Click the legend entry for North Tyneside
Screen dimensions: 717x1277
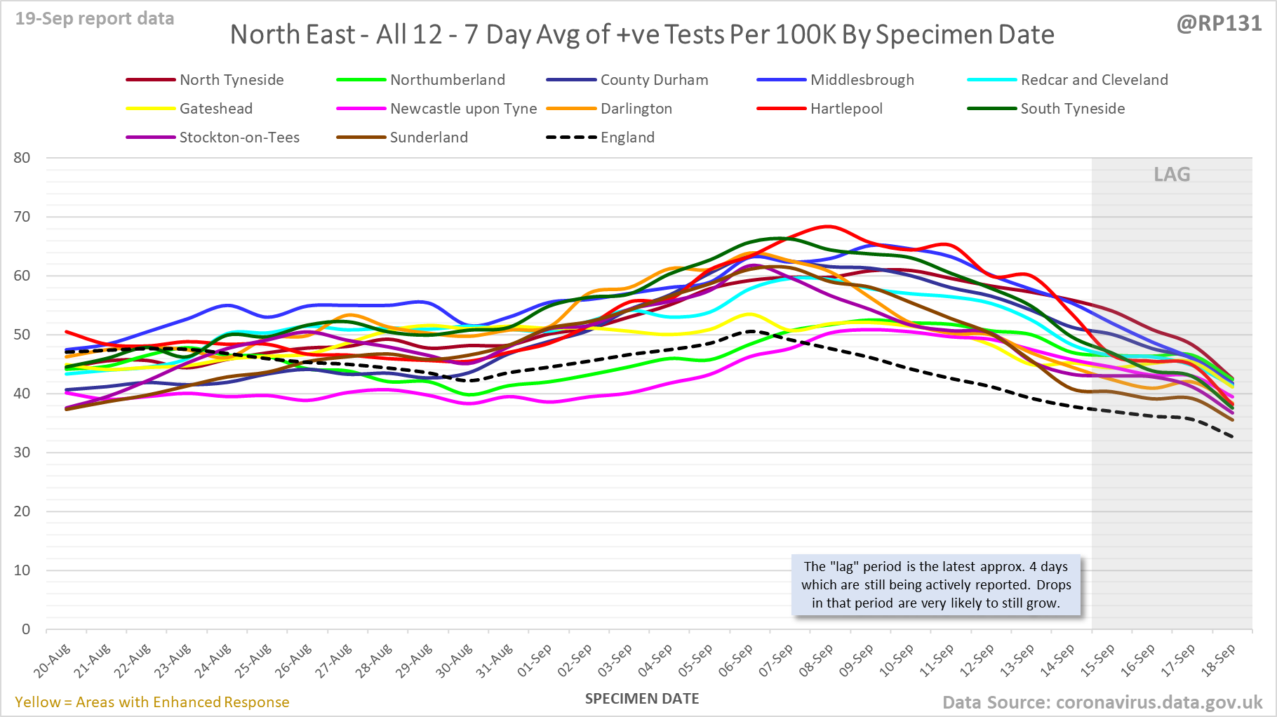[232, 80]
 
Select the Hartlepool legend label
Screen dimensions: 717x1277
[846, 109]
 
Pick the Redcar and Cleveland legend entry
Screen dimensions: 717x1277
[1094, 80]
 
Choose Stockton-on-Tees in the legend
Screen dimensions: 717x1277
[239, 138]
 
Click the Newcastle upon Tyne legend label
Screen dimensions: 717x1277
[463, 109]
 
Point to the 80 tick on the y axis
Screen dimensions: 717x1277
[22, 158]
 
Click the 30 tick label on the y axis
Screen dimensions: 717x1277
[22, 453]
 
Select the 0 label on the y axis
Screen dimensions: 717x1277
[26, 629]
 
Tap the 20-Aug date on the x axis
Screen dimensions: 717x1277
[53, 661]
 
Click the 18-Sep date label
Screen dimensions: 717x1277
[1218, 661]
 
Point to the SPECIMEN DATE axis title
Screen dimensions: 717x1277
[642, 699]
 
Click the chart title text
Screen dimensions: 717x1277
[642, 34]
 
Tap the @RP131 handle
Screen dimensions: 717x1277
[1219, 23]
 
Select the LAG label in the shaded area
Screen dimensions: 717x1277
[1172, 174]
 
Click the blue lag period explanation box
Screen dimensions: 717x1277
[936, 585]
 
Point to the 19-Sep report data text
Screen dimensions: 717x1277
[95, 19]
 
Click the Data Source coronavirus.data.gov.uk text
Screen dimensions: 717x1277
[1102, 702]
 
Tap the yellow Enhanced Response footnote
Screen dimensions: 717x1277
[152, 702]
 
